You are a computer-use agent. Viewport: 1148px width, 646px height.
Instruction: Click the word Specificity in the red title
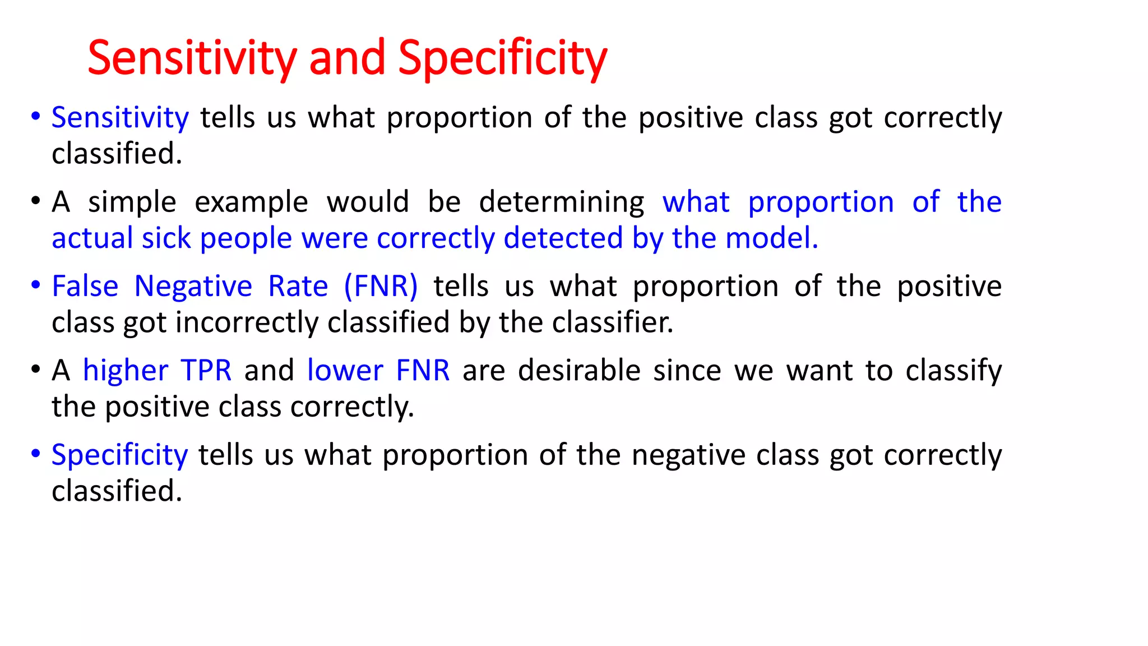pyautogui.click(x=502, y=58)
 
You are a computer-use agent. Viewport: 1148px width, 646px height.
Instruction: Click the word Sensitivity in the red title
pyautogui.click(x=192, y=58)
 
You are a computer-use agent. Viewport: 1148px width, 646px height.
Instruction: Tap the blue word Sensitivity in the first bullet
pyautogui.click(x=120, y=118)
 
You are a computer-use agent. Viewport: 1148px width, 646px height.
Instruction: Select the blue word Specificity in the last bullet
pyautogui.click(x=119, y=455)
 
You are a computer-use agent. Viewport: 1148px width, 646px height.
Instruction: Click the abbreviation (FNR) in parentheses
pyautogui.click(x=381, y=286)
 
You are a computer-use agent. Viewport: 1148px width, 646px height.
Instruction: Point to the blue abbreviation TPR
pyautogui.click(x=206, y=371)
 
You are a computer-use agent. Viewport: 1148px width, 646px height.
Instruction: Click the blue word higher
pyautogui.click(x=126, y=371)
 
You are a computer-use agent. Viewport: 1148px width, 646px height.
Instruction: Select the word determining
pyautogui.click(x=562, y=202)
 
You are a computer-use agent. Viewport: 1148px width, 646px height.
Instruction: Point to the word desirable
pyautogui.click(x=579, y=371)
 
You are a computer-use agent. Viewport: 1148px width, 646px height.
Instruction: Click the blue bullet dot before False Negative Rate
pyautogui.click(x=36, y=285)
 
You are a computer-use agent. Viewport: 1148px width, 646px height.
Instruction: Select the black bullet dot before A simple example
pyautogui.click(x=36, y=201)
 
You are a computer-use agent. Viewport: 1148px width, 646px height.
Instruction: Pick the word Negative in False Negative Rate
pyautogui.click(x=193, y=287)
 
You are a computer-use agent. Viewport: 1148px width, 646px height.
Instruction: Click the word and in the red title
pyautogui.click(x=347, y=58)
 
